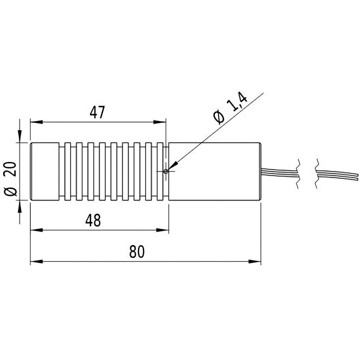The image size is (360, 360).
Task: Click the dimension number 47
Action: pyautogui.click(x=97, y=113)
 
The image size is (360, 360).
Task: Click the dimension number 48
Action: pyautogui.click(x=93, y=221)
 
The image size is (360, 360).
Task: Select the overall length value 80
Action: pyautogui.click(x=137, y=252)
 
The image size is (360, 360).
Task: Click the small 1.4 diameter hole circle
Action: pyautogui.click(x=165, y=171)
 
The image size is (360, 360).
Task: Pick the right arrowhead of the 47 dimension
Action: pyautogui.click(x=161, y=122)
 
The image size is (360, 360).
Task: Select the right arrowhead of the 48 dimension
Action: pyautogui.click(x=164, y=230)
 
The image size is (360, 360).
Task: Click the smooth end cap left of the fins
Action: pyautogui.click(x=44, y=171)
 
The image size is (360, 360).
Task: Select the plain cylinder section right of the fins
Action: pyautogui.click(x=214, y=171)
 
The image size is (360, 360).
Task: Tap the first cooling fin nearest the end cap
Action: pyautogui.click(x=68, y=171)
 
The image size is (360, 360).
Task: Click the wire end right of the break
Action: pyautogui.click(x=338, y=175)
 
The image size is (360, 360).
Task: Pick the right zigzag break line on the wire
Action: pyautogui.click(x=317, y=173)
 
